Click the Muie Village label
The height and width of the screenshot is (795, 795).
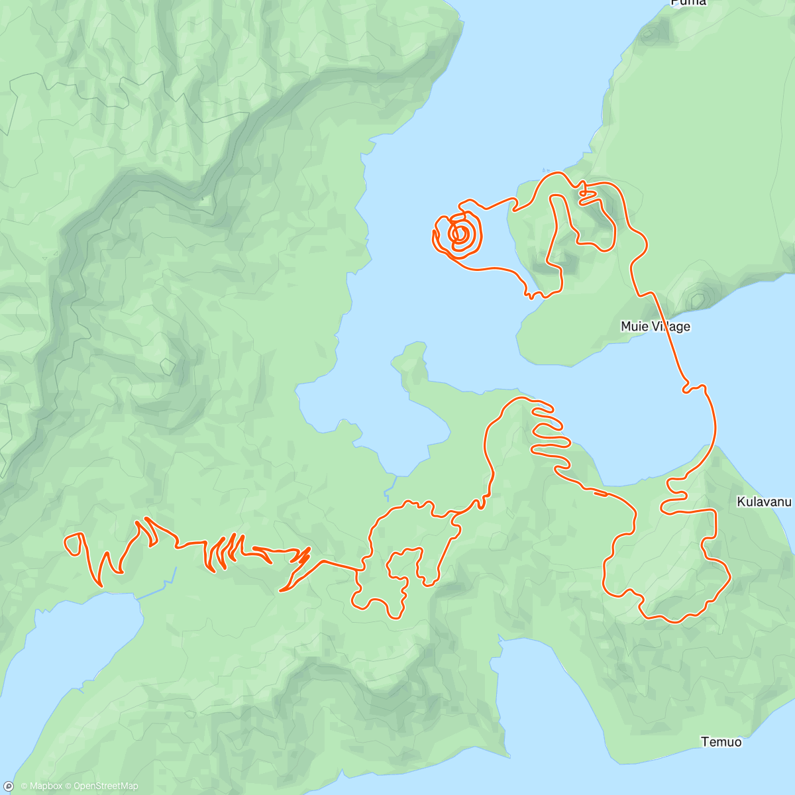[x=655, y=326]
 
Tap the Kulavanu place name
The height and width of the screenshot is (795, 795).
[x=764, y=502]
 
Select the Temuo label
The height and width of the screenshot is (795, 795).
[x=721, y=741]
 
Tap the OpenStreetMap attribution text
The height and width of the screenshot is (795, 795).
[x=105, y=786]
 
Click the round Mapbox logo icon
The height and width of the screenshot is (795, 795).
[x=9, y=786]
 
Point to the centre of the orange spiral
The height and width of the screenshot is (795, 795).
[x=460, y=233]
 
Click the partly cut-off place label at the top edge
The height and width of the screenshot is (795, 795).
[x=688, y=3]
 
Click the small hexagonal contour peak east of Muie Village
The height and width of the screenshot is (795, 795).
[x=696, y=300]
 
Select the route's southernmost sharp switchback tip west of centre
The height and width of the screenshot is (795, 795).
[x=282, y=590]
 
